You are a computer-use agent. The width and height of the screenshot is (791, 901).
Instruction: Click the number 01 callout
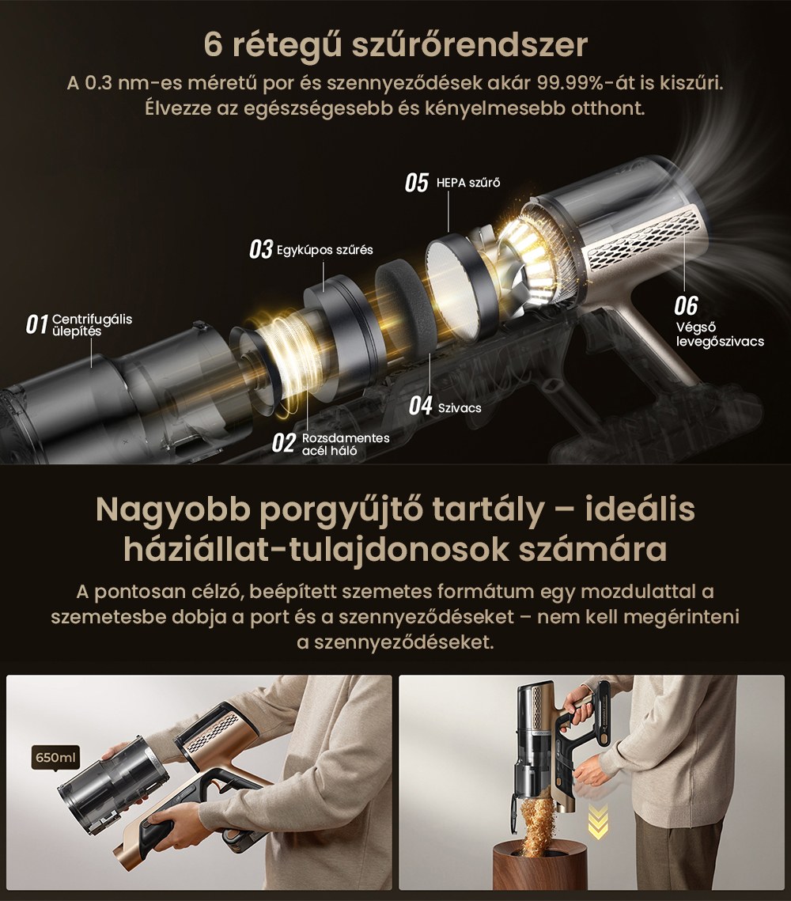click(36, 324)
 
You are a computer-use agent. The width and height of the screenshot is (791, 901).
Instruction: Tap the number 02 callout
click(283, 442)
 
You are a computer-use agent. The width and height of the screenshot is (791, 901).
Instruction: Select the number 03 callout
click(260, 249)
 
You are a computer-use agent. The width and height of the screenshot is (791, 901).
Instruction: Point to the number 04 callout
click(420, 407)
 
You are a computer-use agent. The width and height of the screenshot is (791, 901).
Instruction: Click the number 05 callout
click(416, 184)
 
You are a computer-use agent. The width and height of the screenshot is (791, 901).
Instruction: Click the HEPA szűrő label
click(468, 184)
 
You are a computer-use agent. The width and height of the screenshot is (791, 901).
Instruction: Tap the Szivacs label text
click(459, 407)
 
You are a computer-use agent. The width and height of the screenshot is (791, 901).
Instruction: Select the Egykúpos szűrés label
click(324, 250)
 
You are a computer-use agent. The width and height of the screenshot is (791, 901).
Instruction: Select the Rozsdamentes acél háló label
click(346, 444)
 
